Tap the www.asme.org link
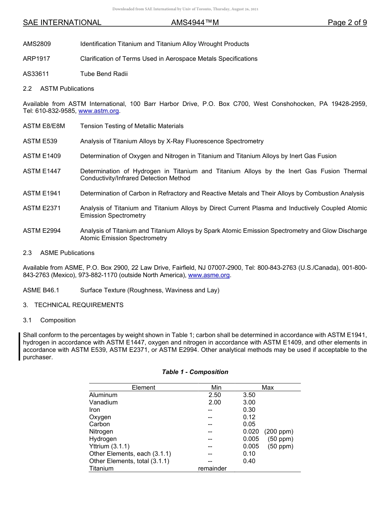tap(209, 275)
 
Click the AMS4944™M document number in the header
tap(195, 23)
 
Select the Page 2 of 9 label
tap(347, 23)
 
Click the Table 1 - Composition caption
tap(195, 372)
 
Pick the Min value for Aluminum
tap(214, 395)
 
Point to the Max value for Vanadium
tap(249, 402)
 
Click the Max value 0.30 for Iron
tap(249, 410)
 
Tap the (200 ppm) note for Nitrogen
tap(279, 432)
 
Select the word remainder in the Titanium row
tap(212, 468)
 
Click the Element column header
tap(143, 388)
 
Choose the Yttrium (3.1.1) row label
tap(109, 446)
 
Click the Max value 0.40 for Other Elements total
tap(249, 461)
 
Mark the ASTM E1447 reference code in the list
tap(42, 171)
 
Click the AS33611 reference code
tap(37, 74)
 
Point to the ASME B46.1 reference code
tap(41, 290)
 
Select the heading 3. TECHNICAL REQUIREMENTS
tap(73, 305)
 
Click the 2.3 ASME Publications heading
tap(59, 253)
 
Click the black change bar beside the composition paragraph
tap(19, 347)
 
